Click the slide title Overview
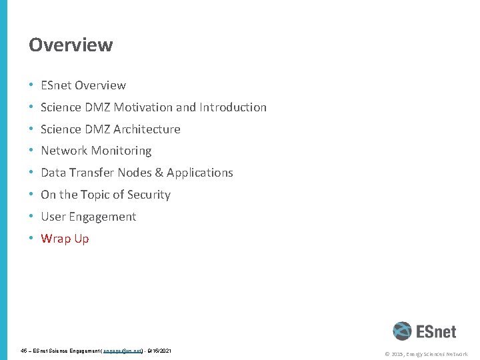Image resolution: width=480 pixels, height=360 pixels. [71, 45]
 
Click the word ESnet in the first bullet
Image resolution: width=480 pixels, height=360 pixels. [56, 85]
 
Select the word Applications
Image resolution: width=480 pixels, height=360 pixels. [199, 173]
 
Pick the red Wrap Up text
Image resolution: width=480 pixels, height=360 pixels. [65, 239]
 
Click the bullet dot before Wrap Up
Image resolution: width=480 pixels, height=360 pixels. [32, 239]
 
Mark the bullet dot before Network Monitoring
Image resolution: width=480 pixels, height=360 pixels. [32, 151]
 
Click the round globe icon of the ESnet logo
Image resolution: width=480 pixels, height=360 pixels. [402, 331]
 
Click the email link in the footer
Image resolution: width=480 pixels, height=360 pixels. [123, 350]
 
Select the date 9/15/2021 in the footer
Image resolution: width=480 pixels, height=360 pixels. [159, 350]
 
